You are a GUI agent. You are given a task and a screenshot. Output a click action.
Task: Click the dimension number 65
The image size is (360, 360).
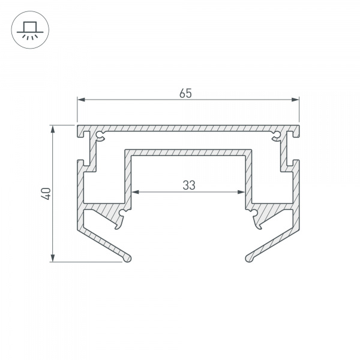tap(185, 94)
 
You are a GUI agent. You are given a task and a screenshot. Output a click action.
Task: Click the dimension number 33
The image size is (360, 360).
tap(189, 185)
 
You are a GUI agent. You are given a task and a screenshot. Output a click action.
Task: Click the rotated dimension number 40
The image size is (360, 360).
tap(46, 194)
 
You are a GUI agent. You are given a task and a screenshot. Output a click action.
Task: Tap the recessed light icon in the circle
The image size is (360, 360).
tap(30, 31)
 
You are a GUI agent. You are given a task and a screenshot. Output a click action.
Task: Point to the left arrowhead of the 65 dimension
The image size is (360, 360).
tap(81, 100)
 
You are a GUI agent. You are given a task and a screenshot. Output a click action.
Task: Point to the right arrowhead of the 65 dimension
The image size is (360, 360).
tap(295, 100)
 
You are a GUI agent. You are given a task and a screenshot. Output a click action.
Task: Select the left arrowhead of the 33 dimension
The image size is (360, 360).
tap(136, 192)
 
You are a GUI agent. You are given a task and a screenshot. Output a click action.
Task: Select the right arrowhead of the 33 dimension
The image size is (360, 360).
tap(241, 192)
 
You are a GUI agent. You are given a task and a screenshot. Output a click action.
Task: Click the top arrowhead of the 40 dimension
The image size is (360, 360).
tap(53, 129)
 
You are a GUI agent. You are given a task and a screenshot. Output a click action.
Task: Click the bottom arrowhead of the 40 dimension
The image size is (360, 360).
tap(53, 257)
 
